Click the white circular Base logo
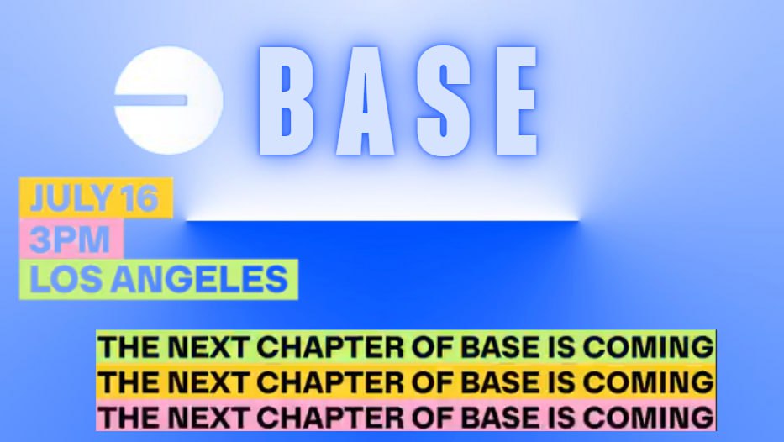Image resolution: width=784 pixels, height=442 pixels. [x=169, y=100]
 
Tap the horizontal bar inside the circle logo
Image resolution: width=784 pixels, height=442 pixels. [x=151, y=101]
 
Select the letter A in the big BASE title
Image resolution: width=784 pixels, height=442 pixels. [x=365, y=101]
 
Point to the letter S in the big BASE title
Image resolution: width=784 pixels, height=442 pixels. [x=444, y=101]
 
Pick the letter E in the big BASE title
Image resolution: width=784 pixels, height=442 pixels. [x=516, y=101]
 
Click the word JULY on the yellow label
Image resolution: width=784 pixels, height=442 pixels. [x=70, y=198]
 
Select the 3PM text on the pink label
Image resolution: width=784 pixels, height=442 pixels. [x=69, y=239]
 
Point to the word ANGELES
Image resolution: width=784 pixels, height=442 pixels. [x=199, y=279]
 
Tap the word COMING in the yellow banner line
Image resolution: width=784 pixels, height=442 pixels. [x=648, y=382]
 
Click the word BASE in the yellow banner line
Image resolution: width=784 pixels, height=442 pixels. [x=500, y=382]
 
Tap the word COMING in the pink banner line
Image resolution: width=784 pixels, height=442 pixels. [x=648, y=418]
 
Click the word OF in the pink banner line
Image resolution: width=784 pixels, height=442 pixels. [x=432, y=418]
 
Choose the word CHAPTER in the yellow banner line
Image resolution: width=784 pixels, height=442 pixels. [x=330, y=382]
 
